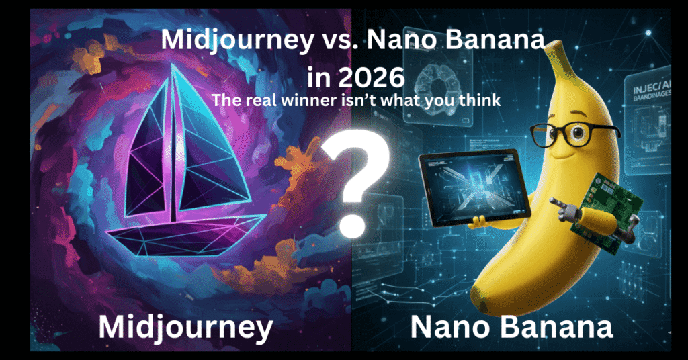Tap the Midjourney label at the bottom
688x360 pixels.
click(185, 327)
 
